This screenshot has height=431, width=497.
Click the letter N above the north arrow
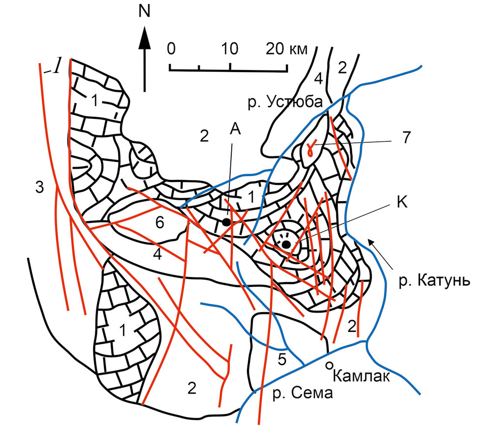pyautogui.click(x=144, y=11)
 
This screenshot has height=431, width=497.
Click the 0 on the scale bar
pyautogui.click(x=171, y=49)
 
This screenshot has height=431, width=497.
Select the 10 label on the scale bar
pyautogui.click(x=229, y=49)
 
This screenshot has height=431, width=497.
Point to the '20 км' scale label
pyautogui.click(x=286, y=49)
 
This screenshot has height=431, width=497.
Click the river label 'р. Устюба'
pyautogui.click(x=285, y=102)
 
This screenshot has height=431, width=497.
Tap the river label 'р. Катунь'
pyautogui.click(x=434, y=281)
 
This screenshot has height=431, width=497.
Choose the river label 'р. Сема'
pyautogui.click(x=303, y=393)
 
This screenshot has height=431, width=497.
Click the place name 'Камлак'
pyautogui.click(x=361, y=376)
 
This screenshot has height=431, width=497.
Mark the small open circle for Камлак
pyautogui.click(x=329, y=365)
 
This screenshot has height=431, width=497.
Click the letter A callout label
pyautogui.click(x=235, y=129)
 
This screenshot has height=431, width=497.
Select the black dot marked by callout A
pyautogui.click(x=226, y=222)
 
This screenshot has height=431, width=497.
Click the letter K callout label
pyautogui.click(x=402, y=202)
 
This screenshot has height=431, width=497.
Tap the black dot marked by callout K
pyautogui.click(x=286, y=244)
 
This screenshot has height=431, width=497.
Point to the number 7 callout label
pyautogui.click(x=406, y=138)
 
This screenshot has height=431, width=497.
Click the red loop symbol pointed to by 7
pyautogui.click(x=311, y=148)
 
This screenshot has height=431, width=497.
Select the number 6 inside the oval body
pyautogui.click(x=160, y=222)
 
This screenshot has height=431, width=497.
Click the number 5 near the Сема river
pyautogui.click(x=282, y=359)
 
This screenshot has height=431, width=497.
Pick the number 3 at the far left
pyautogui.click(x=39, y=187)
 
